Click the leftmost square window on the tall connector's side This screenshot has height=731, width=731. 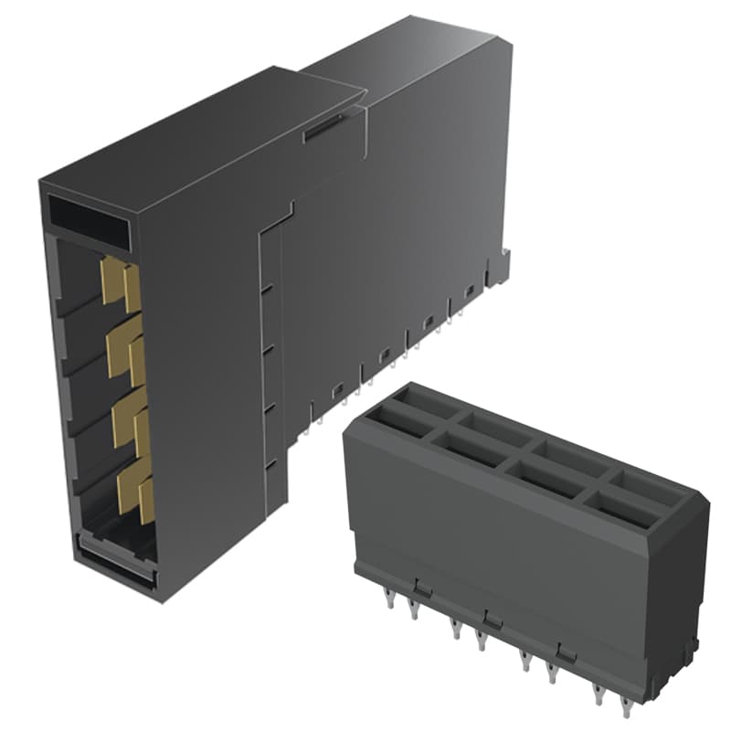[336, 390]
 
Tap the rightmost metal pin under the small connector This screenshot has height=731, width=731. [625, 705]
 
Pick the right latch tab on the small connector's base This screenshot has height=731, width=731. [567, 651]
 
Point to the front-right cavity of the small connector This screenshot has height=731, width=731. [626, 508]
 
